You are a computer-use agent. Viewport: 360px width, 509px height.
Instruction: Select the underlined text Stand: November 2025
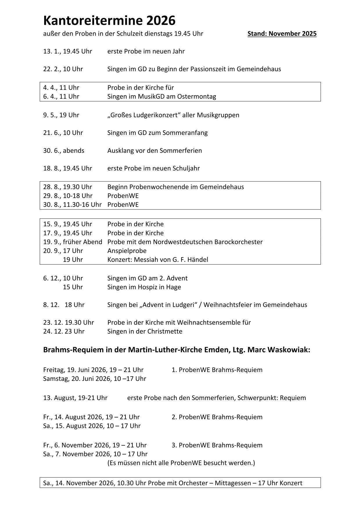point(282,34)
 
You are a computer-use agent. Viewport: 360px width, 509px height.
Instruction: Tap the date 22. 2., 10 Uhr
point(63,69)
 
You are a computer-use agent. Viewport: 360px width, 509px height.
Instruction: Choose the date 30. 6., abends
point(64,151)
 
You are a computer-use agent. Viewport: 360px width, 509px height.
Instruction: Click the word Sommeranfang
point(185,133)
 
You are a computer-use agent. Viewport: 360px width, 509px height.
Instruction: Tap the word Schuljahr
point(186,168)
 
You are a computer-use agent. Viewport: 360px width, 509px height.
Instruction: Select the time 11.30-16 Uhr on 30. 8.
point(82,205)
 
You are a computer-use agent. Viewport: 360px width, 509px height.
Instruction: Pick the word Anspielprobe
point(127,251)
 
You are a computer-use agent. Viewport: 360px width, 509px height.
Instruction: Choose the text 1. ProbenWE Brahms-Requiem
point(217,370)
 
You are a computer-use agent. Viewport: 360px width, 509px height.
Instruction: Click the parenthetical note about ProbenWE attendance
point(181,463)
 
